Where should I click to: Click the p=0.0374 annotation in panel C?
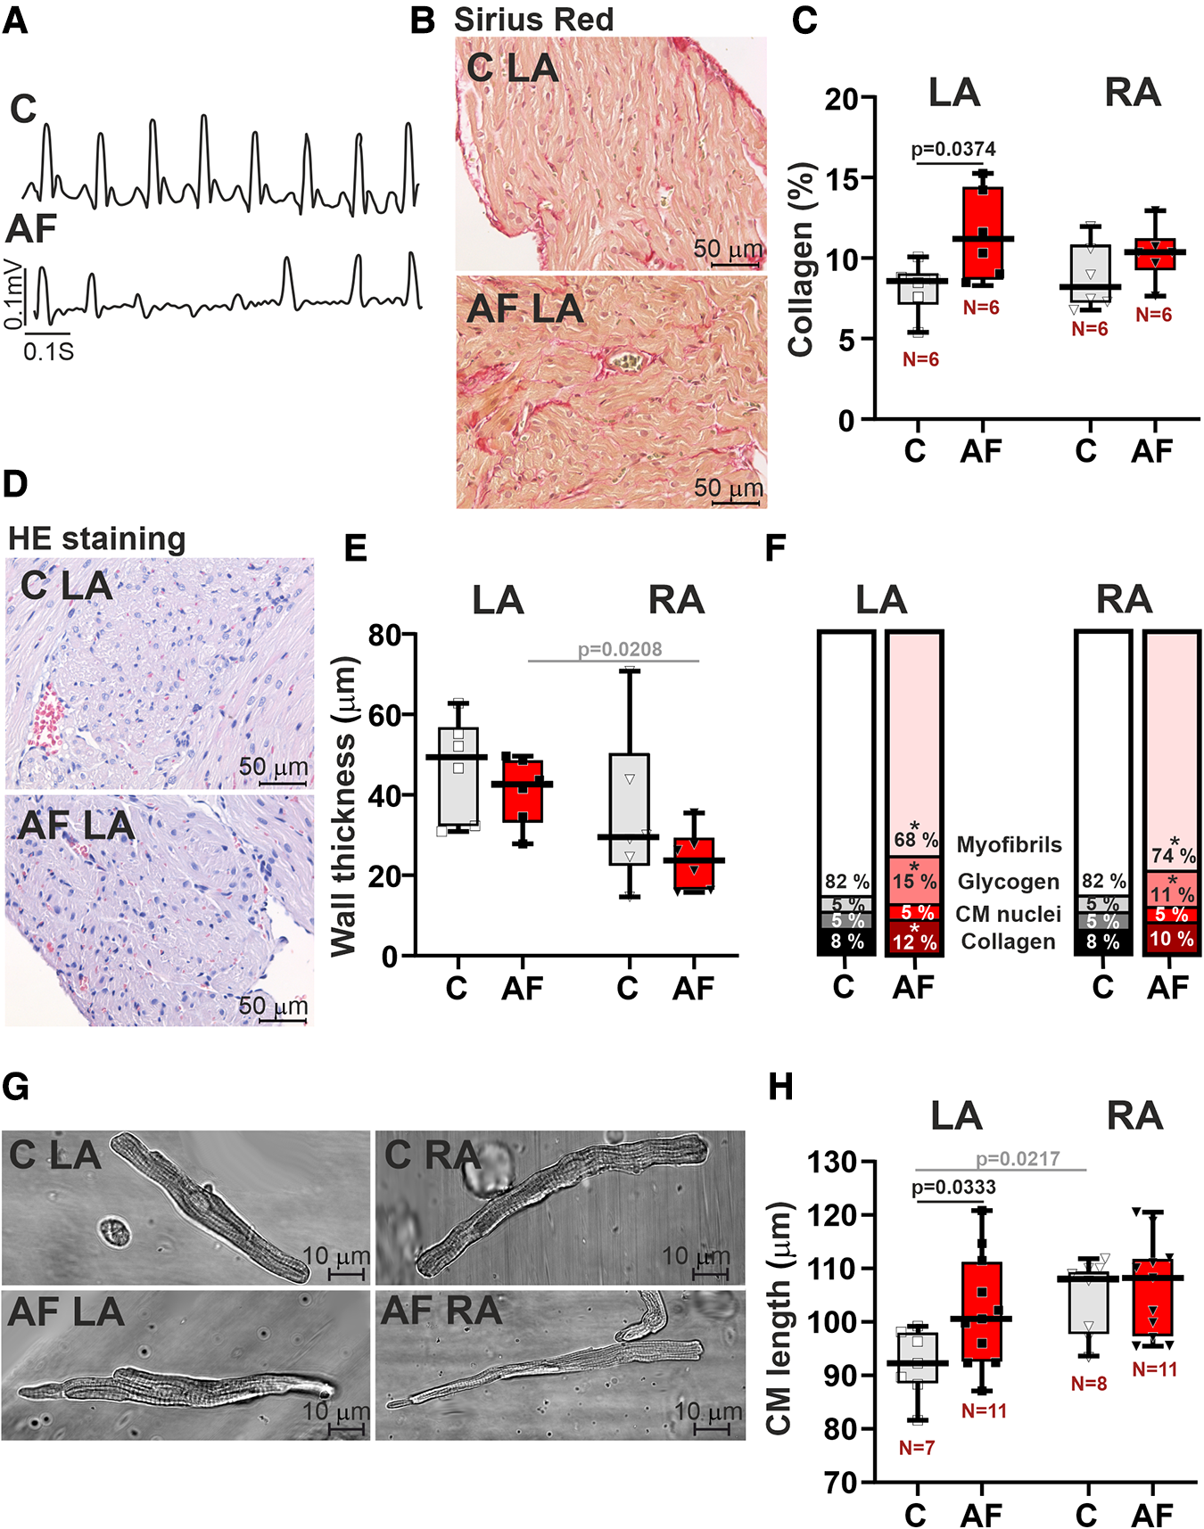(x=952, y=149)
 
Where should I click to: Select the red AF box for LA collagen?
(x=982, y=232)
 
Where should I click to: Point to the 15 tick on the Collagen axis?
(x=841, y=178)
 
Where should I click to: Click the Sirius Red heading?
(x=533, y=20)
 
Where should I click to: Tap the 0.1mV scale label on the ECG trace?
(x=12, y=293)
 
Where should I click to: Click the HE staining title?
(x=96, y=538)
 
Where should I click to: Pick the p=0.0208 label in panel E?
(x=620, y=649)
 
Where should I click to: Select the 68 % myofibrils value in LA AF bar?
(x=915, y=839)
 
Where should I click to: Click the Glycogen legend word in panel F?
(x=1008, y=882)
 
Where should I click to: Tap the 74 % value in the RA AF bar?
(x=1172, y=854)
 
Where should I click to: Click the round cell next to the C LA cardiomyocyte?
(x=114, y=1232)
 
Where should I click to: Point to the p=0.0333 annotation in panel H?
(x=953, y=1187)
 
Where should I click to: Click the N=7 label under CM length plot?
(x=916, y=1448)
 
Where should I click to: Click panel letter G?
(x=15, y=1087)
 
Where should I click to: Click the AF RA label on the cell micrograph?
(x=441, y=1311)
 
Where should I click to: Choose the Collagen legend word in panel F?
(x=1008, y=941)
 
